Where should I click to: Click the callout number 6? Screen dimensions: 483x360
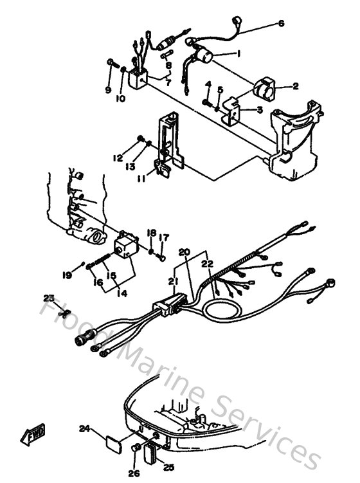click(x=280, y=24)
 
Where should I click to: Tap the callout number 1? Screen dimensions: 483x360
click(x=239, y=53)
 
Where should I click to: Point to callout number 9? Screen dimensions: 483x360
click(x=107, y=89)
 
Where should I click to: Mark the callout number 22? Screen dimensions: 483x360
click(x=207, y=264)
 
